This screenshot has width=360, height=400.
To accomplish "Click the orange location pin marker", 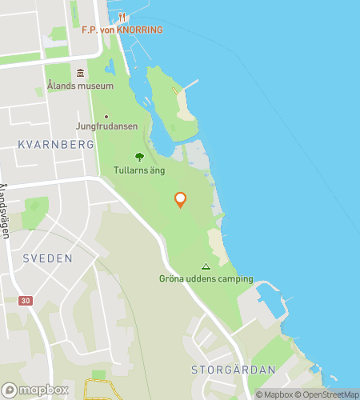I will (x=180, y=199).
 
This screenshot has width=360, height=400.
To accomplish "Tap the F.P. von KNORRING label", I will (x=122, y=30).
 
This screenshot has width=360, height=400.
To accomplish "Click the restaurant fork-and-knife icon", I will (x=122, y=16).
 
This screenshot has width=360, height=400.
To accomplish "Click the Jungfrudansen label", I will (x=106, y=126).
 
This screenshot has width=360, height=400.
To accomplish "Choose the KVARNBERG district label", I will (x=55, y=145).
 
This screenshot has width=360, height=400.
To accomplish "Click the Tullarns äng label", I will (x=140, y=170).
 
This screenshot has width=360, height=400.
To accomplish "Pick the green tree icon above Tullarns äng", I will (x=139, y=157).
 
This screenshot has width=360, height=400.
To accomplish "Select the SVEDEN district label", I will (x=48, y=258).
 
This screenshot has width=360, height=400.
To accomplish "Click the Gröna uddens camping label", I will (x=206, y=279).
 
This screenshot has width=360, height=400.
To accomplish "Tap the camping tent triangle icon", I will (x=206, y=267).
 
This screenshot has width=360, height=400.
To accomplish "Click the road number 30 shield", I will (x=28, y=300).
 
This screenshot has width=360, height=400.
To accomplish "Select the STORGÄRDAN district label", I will (x=234, y=370).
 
